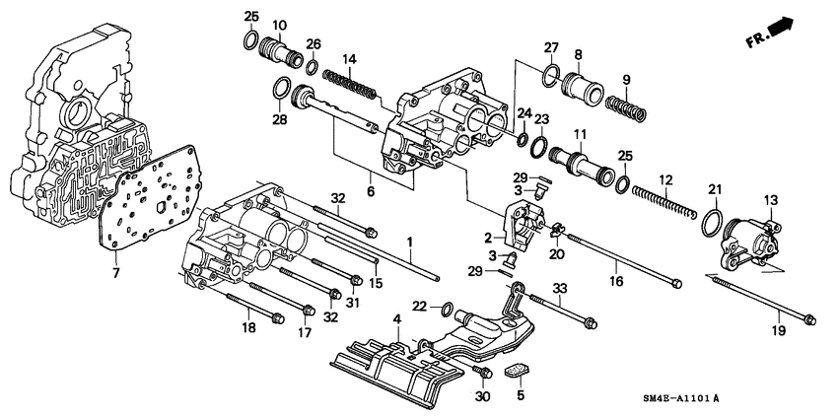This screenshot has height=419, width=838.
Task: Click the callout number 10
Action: coord(279,24)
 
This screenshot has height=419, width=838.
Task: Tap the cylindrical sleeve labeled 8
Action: coord(578,93)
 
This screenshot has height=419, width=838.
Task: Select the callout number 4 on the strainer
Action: coord(396,319)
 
